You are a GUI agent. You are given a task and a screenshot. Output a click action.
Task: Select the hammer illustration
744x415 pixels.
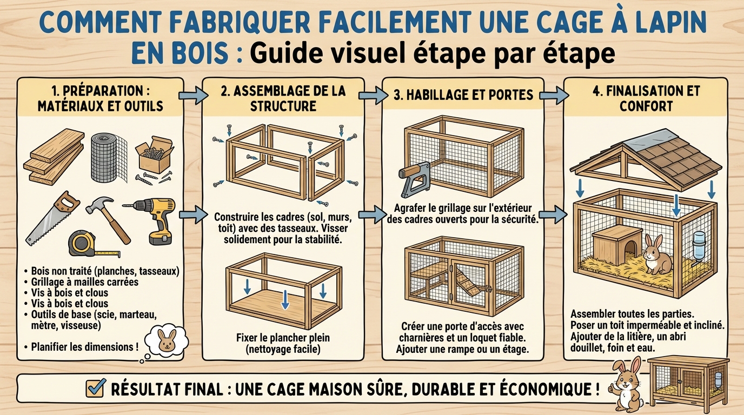(x=108, y=216)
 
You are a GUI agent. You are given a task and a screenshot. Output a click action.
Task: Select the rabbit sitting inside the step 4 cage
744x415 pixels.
(x=657, y=253)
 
